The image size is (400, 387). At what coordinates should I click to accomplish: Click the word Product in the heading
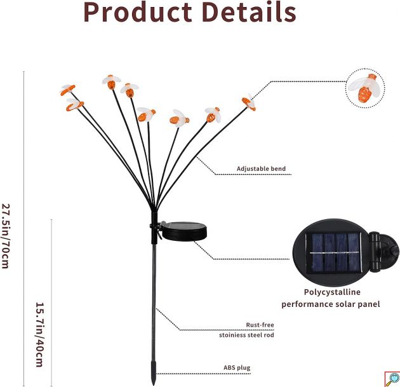point(138,12)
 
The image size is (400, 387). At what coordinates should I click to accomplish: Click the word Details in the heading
point(249,11)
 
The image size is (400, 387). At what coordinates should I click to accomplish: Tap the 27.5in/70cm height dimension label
point(6,236)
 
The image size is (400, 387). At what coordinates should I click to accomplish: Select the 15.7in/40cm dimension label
point(39,335)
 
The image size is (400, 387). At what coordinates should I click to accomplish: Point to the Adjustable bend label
point(261,169)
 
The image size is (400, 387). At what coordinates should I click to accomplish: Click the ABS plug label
point(237,367)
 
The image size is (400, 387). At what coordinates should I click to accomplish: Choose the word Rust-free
point(260,325)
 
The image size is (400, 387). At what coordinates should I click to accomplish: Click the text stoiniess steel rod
point(246,335)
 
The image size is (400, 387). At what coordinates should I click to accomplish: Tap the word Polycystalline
point(332,292)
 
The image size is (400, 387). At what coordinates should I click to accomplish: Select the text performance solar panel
point(331,304)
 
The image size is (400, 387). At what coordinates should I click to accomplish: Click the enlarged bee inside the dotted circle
point(364,88)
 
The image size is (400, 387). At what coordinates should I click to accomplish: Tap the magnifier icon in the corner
point(392,379)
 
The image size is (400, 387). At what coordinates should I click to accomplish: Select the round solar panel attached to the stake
point(184,231)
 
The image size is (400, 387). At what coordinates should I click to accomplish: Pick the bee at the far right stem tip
point(249,102)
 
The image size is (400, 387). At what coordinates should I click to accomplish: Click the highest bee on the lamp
point(112,82)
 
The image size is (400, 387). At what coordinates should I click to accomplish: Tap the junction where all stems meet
point(154,210)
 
